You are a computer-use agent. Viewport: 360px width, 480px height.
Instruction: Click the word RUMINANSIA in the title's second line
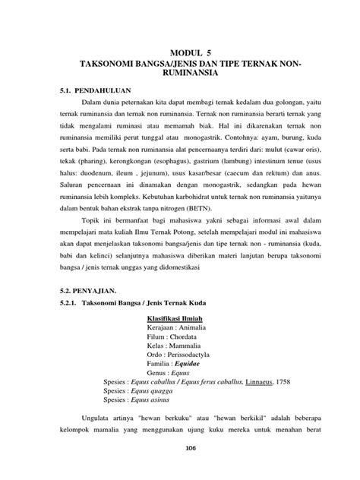coord(180,74)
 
